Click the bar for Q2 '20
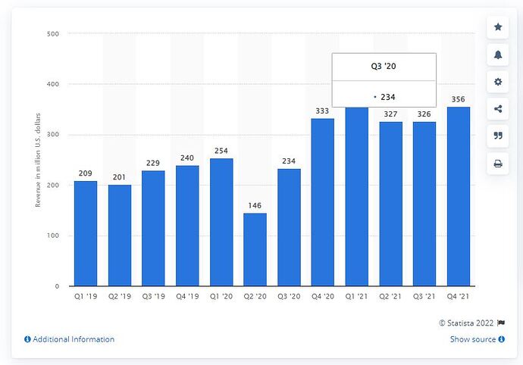[x=255, y=250]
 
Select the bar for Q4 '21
[x=458, y=197]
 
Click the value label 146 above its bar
[x=255, y=205]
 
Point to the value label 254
[x=221, y=151]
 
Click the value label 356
[x=458, y=99]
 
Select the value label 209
[x=86, y=173]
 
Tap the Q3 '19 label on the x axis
[x=153, y=298]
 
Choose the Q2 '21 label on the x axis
[x=390, y=298]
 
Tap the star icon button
[x=498, y=27]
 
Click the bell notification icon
[x=498, y=55]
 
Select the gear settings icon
[x=498, y=82]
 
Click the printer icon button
[x=498, y=164]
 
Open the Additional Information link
[x=70, y=339]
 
